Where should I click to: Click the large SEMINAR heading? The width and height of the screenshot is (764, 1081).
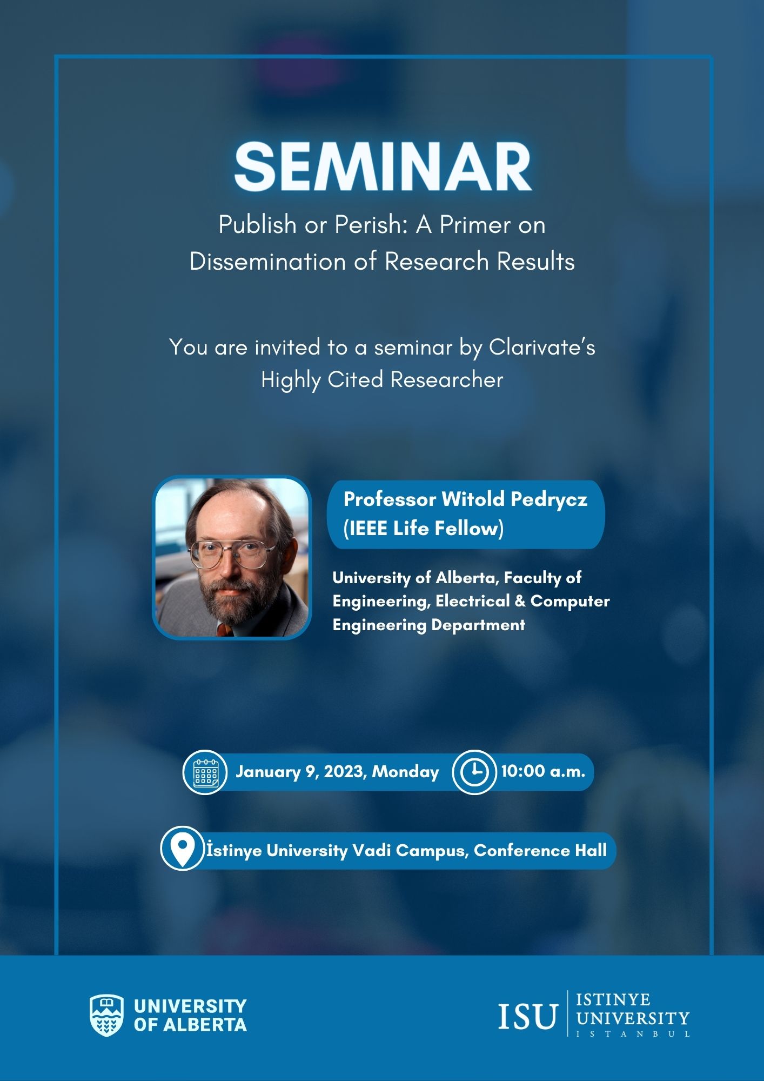(x=383, y=167)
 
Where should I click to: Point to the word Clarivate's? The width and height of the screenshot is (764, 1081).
(x=542, y=348)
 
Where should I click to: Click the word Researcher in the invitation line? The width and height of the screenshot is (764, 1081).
(x=447, y=380)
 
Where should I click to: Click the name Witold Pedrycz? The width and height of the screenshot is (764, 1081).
(x=514, y=499)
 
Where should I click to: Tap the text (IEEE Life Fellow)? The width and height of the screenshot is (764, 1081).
(x=424, y=528)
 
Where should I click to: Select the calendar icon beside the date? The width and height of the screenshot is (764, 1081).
(x=205, y=772)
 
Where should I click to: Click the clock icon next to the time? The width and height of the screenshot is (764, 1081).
(x=474, y=772)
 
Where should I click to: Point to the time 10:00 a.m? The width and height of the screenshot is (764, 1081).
(x=543, y=771)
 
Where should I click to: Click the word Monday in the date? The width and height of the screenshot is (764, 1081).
(x=405, y=772)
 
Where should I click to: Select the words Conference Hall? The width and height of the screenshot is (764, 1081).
(x=540, y=851)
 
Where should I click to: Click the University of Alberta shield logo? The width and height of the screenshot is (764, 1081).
(x=106, y=1015)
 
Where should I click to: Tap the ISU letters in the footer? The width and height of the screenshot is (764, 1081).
(x=527, y=1016)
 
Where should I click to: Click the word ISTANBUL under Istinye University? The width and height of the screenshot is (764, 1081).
(x=633, y=1035)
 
